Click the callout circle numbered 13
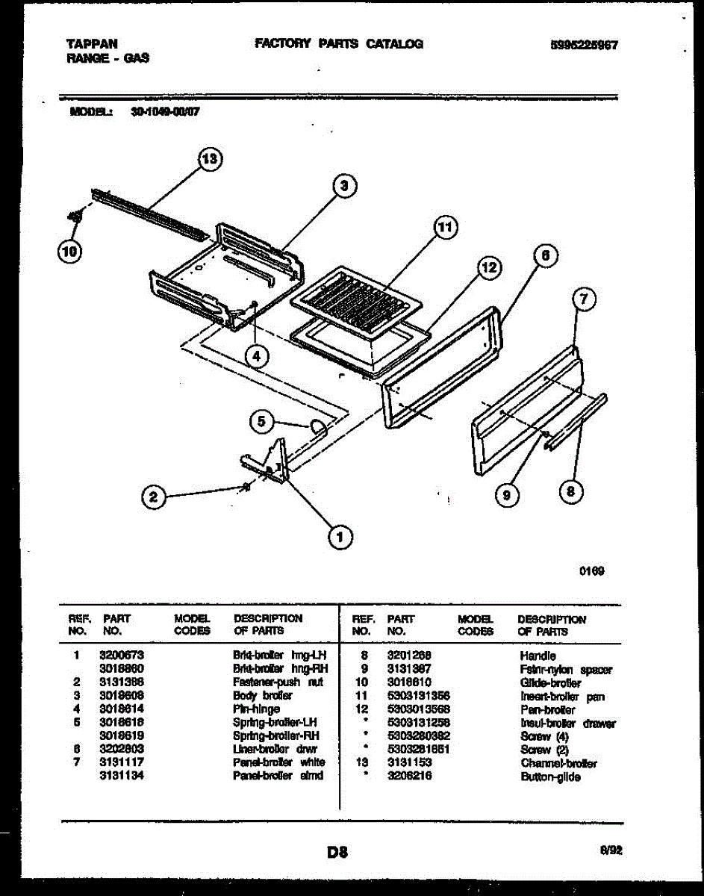(210, 159)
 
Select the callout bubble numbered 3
(343, 187)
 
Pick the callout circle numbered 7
(584, 301)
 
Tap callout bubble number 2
(154, 499)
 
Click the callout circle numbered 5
(261, 422)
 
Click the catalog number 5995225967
(583, 45)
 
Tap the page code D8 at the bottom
(337, 851)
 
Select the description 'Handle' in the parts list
(538, 656)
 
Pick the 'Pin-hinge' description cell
(256, 709)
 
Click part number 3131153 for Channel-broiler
(408, 763)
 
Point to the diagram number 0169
(593, 571)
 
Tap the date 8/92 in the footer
(609, 849)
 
